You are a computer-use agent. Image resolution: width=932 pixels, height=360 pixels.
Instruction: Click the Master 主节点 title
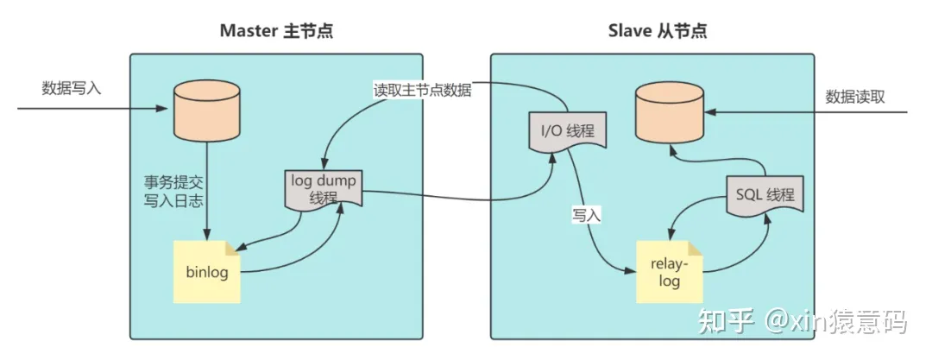(276, 31)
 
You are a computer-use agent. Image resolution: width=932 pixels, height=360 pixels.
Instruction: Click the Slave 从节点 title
(658, 31)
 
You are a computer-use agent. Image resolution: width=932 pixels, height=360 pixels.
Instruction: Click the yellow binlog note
(207, 272)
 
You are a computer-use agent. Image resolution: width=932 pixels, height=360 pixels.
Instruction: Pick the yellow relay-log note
(670, 272)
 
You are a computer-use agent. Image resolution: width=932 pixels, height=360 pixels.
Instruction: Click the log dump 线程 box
(324, 188)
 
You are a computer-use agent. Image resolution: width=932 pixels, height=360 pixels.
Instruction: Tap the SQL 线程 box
(765, 194)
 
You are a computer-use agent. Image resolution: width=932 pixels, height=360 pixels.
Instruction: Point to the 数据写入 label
(72, 88)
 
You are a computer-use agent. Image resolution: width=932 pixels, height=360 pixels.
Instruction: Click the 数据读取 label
(855, 97)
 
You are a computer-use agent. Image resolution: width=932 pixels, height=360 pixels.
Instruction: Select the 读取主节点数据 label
(422, 90)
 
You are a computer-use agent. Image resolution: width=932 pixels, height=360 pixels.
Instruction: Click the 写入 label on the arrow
(586, 215)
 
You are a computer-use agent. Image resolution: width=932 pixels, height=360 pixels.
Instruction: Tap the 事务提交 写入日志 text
(173, 191)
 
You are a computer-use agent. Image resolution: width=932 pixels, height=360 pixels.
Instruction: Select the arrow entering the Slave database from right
(805, 112)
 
